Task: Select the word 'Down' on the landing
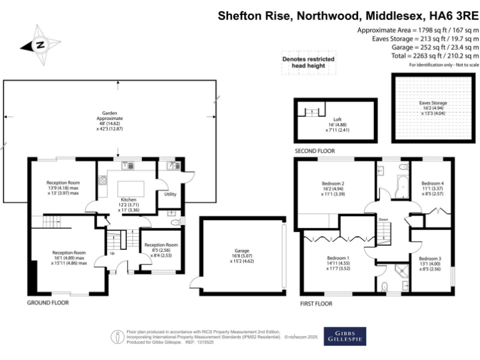[384, 219]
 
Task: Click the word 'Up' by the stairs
[112, 253]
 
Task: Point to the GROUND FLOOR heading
[47, 302]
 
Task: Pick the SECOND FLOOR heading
[315, 151]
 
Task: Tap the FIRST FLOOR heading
[316, 303]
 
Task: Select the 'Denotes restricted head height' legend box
[309, 62]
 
